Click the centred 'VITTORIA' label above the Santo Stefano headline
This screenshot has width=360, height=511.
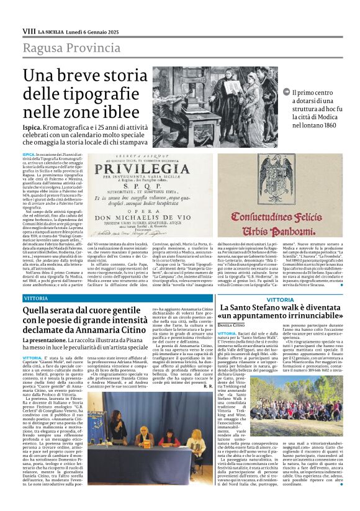276,299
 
